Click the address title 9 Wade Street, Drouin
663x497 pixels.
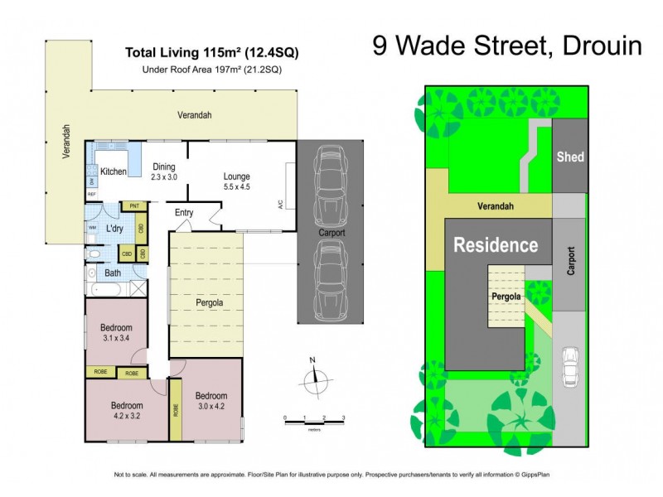507,46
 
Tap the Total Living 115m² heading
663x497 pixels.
211,52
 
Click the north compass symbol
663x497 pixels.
312,381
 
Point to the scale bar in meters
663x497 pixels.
313,423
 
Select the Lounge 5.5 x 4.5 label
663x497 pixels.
236,181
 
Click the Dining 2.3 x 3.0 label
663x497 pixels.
164,171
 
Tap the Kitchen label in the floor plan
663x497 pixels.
113,171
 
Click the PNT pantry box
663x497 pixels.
133,206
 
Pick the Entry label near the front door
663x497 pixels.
184,213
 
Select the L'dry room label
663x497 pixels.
114,227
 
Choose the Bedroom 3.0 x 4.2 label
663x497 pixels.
211,400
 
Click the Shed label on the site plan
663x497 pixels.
569,157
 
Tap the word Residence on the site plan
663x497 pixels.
495,245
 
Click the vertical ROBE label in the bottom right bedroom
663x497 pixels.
175,409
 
